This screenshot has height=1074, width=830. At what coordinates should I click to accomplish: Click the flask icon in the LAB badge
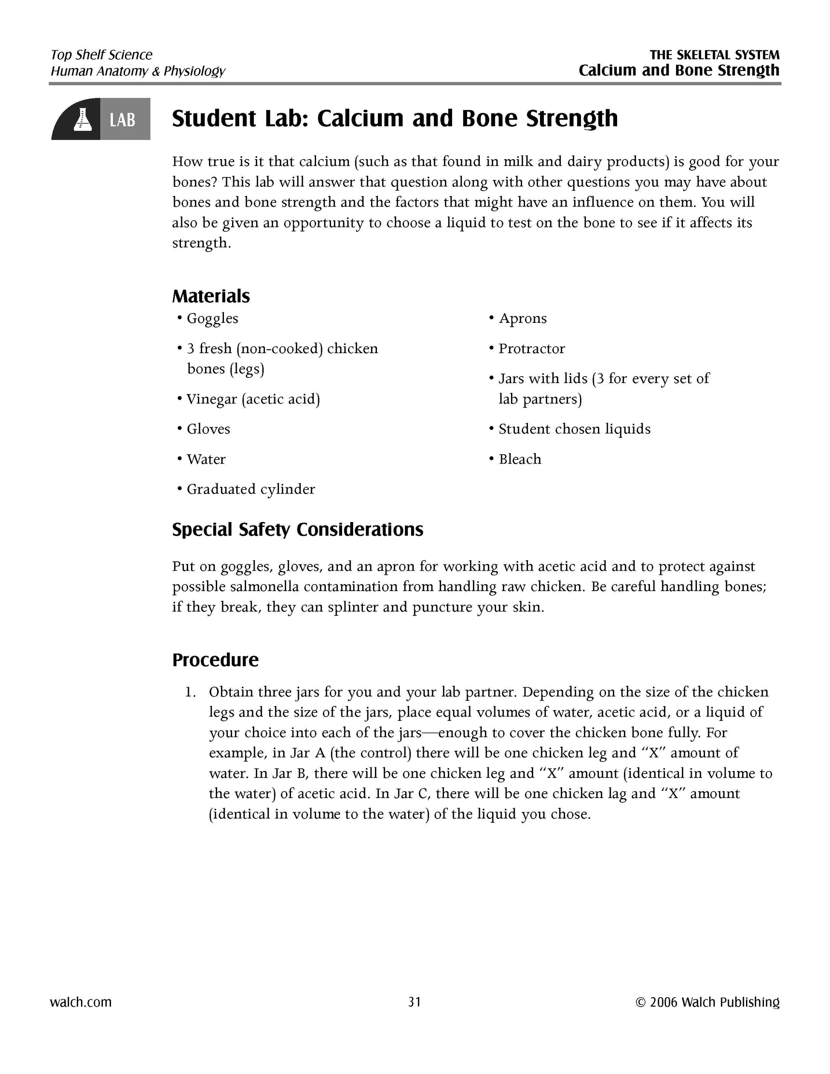coord(80,119)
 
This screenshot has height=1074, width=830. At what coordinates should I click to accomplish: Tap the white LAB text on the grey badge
coord(122,119)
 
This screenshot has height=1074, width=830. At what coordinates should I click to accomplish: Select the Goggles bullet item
coord(212,319)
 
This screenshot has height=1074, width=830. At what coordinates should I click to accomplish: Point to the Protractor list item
coord(531,348)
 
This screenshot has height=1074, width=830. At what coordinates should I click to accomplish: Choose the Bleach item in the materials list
coord(520,459)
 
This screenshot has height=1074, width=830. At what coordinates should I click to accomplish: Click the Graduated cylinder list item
coord(251,489)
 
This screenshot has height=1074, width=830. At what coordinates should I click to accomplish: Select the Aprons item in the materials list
coord(522,319)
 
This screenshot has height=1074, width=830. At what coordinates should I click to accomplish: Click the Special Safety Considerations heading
coord(297,530)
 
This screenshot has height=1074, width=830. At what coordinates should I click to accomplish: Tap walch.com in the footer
coord(81,1002)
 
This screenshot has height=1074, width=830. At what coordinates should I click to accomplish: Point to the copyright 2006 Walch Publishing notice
coord(707,1002)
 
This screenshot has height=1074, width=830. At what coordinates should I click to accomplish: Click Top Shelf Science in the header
coord(101,55)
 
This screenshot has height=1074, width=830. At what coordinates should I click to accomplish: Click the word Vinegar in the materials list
coord(212,399)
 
